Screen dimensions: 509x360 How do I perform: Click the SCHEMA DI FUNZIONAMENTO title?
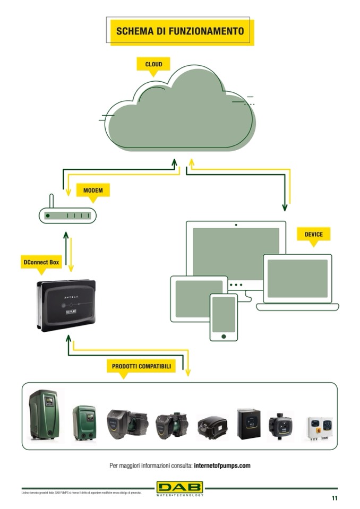[180, 31]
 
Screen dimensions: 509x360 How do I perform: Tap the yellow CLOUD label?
[153, 64]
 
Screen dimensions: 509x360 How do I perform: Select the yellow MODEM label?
[93, 190]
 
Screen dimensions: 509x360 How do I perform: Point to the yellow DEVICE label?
[313, 234]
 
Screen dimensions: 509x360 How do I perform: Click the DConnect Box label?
[40, 262]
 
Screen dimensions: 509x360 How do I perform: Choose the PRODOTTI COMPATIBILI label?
[141, 366]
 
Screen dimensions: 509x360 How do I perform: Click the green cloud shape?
[178, 111]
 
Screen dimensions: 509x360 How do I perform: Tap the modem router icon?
[67, 215]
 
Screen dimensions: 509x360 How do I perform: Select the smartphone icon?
[224, 316]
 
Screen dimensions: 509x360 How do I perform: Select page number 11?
[335, 498]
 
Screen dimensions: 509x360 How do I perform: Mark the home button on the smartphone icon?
[224, 335]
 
